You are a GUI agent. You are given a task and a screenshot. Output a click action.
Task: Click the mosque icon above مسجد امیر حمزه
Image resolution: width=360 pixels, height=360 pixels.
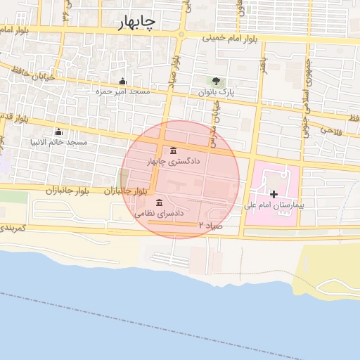pyautogui.click(x=123, y=81)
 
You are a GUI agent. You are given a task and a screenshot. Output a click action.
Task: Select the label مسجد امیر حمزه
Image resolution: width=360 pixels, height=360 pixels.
pyautogui.click(x=124, y=91)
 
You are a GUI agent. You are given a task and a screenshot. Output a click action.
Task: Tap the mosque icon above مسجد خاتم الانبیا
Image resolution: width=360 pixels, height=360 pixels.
pyautogui.click(x=58, y=132)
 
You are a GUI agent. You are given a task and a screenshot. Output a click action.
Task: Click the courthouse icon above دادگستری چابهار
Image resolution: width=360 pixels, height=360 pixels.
pyautogui.click(x=174, y=150)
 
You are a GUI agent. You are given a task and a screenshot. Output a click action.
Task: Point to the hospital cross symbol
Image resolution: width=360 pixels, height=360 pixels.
pyautogui.click(x=274, y=193)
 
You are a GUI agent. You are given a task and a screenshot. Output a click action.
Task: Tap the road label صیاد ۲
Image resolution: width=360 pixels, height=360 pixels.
pyautogui.click(x=212, y=225)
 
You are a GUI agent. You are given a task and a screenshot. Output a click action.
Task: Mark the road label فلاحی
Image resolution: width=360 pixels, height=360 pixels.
pyautogui.click(x=330, y=129)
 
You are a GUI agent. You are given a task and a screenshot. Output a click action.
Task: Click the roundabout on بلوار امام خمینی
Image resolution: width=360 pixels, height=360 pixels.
pyautogui.click(x=181, y=34)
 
